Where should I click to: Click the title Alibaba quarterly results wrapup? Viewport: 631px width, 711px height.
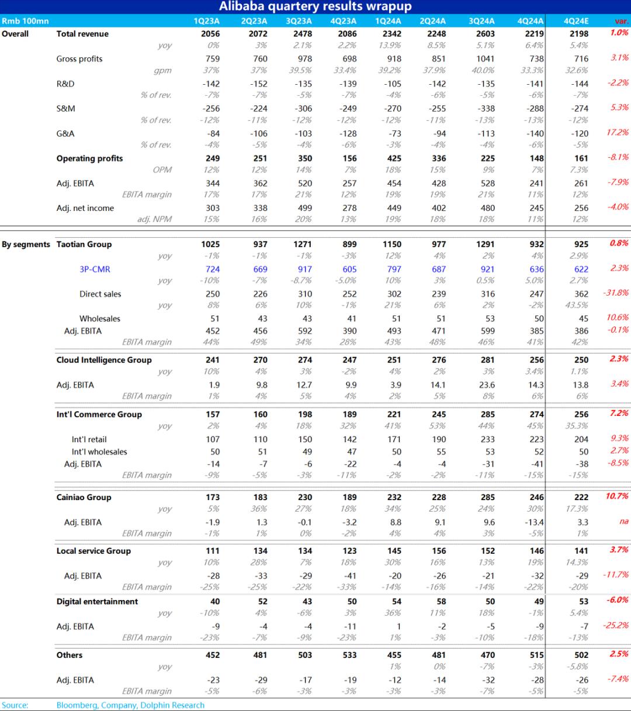click(315, 6)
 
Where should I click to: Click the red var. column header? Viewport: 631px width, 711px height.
click(621, 21)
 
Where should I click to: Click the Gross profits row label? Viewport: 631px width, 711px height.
click(79, 59)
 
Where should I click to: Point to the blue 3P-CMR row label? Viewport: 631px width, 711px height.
click(95, 269)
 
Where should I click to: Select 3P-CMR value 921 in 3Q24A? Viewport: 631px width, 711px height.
click(487, 269)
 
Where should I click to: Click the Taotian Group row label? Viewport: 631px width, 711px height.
click(84, 244)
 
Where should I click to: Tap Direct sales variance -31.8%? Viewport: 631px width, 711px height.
click(616, 293)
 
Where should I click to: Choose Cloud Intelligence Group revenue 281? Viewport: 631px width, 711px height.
click(487, 360)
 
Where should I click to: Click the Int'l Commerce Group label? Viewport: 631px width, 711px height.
click(99, 414)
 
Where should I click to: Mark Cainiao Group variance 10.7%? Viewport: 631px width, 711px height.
click(617, 496)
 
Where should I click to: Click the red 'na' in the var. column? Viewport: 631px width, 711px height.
click(623, 521)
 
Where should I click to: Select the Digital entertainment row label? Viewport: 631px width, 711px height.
click(98, 601)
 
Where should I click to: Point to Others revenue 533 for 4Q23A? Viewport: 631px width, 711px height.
click(349, 655)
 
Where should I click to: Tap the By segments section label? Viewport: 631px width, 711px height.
click(26, 244)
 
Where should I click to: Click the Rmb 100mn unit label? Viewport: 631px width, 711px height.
click(25, 21)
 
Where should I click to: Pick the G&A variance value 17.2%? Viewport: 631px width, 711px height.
click(618, 133)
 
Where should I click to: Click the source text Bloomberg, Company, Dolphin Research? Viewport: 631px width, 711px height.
click(130, 705)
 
